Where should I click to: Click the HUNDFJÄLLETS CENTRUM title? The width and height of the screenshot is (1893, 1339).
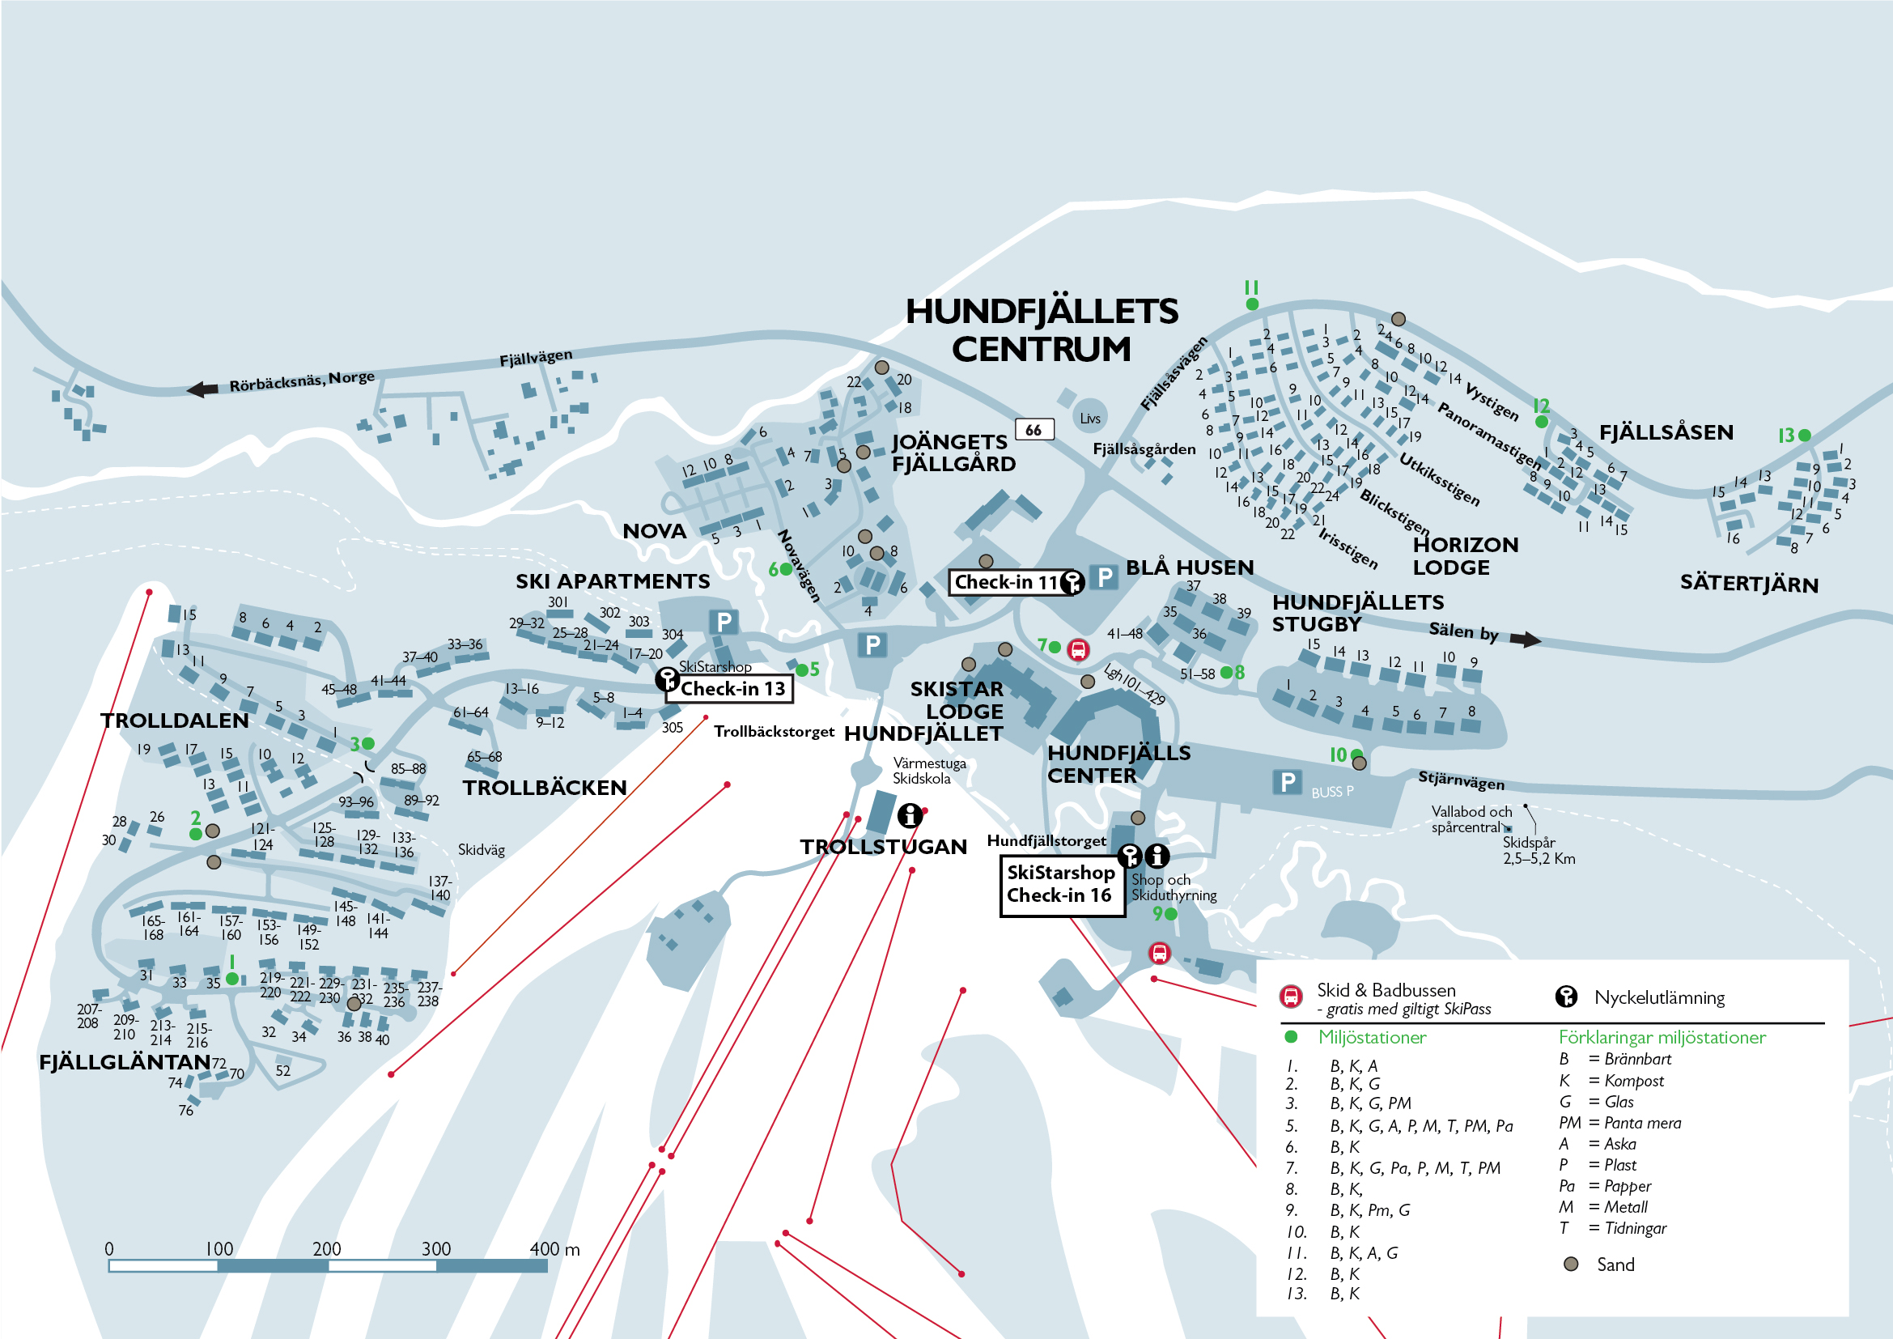tap(1042, 329)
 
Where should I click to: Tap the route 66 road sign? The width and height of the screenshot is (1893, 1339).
tap(1033, 430)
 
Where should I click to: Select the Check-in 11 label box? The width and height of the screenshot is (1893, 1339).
tap(1007, 582)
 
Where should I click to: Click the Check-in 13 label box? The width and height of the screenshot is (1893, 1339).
tap(731, 688)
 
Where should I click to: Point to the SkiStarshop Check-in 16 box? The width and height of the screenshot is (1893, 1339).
tap(1061, 885)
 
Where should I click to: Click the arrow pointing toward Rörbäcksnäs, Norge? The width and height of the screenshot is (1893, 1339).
tap(202, 389)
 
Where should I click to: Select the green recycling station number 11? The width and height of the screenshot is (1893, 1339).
tap(1251, 304)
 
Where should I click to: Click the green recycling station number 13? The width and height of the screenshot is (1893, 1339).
tap(1804, 435)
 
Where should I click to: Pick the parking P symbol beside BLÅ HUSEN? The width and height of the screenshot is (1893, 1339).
tap(1105, 576)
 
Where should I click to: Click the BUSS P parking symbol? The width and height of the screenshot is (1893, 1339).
tap(1287, 782)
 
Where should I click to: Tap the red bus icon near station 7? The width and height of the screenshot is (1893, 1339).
tap(1077, 650)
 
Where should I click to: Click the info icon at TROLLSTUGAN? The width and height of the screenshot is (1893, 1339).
tap(910, 815)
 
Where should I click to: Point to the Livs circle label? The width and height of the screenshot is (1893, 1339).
tap(1090, 418)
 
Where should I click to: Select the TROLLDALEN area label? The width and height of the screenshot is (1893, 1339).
tap(174, 721)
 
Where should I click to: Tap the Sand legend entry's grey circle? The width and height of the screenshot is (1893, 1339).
tap(1571, 1264)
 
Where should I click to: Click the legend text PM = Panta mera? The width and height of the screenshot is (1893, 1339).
tap(1619, 1123)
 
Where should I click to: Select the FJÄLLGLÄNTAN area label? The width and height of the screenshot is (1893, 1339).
tap(125, 1062)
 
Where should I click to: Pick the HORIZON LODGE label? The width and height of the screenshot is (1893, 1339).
tap(1465, 555)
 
